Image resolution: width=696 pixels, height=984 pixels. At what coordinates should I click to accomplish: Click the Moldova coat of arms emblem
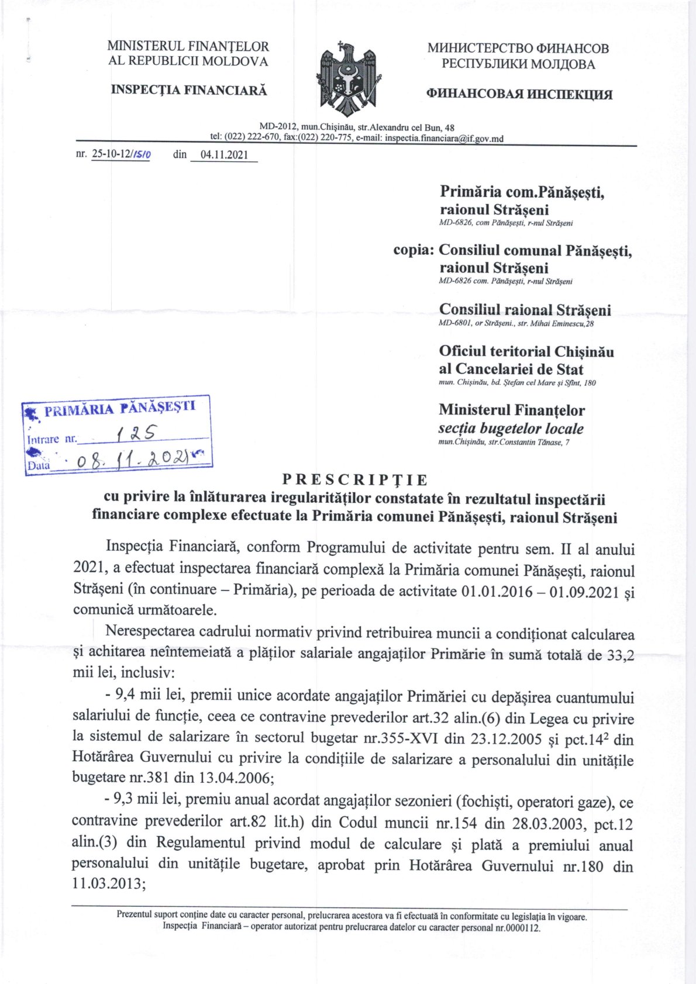[348, 80]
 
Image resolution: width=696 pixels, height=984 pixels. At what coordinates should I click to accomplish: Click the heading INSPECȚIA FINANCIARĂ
[188, 90]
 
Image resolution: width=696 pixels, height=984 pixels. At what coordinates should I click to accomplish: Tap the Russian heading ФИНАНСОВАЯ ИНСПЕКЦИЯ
[519, 94]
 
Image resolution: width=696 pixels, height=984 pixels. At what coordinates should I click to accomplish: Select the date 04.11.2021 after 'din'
[224, 155]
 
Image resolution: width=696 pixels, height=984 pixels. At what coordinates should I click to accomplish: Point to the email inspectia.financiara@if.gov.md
[445, 139]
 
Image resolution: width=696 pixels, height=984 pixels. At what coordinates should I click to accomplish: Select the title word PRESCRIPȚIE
[355, 480]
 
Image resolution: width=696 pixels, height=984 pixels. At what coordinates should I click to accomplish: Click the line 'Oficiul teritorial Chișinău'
[526, 351]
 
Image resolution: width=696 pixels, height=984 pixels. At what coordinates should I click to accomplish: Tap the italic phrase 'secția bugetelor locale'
[511, 429]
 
